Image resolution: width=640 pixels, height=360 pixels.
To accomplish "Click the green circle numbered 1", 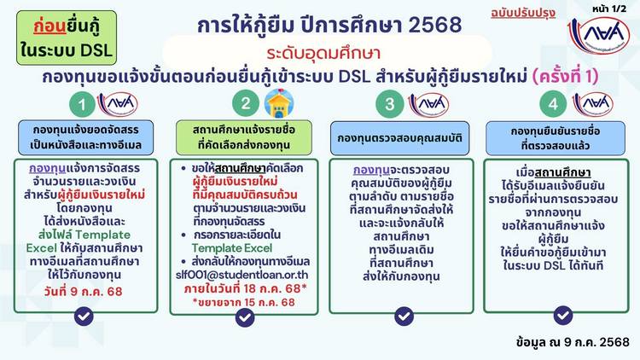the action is click(x=83, y=104).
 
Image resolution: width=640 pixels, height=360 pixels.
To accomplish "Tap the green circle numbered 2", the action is click(x=246, y=103).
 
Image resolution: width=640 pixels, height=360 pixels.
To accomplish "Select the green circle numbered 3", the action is click(x=389, y=103).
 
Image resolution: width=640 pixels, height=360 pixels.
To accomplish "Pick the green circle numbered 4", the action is click(x=553, y=104).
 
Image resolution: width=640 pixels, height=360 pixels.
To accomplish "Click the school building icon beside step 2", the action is click(x=279, y=103).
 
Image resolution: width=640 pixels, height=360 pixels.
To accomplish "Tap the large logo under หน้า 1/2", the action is click(x=599, y=34).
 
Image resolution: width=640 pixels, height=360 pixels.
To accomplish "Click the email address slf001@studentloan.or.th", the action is click(x=242, y=275).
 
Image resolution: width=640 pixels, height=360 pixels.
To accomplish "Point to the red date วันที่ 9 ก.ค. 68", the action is click(x=84, y=292).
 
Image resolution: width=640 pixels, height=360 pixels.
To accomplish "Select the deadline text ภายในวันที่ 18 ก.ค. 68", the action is click(x=242, y=288).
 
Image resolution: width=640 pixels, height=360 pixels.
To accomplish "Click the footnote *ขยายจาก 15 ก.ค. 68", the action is click(x=244, y=303).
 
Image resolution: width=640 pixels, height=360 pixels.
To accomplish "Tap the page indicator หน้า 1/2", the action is click(x=609, y=9).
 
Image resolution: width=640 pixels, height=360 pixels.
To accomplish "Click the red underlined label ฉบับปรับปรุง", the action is click(x=523, y=13).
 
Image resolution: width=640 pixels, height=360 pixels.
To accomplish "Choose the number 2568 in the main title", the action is click(x=434, y=26).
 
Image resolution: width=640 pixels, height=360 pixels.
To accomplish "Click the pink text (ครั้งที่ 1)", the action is click(x=565, y=76).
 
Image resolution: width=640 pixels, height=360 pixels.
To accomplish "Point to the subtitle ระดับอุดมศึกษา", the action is click(x=323, y=53).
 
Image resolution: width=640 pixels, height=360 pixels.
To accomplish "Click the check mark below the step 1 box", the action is click(x=84, y=316).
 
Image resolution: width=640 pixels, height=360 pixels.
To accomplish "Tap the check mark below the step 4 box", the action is click(x=563, y=315).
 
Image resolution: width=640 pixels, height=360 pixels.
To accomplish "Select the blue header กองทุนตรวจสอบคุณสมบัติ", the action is click(x=399, y=138).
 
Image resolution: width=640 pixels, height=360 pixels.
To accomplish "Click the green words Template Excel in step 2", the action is click(x=232, y=248).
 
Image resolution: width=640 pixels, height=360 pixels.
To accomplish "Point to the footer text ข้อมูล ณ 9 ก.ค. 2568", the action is click(x=573, y=341).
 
